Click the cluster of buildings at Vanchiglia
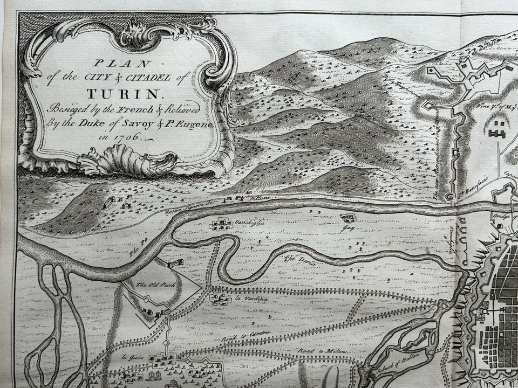[x=222, y=224]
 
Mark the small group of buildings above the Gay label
[x=348, y=218]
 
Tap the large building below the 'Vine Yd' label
[x=496, y=129]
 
